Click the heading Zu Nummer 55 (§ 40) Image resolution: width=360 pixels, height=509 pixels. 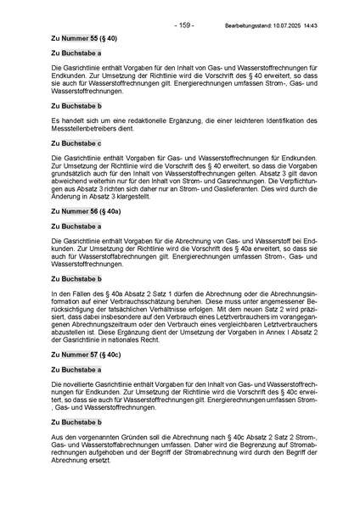point(85,39)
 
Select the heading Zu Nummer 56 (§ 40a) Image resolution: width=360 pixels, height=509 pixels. point(87,213)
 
